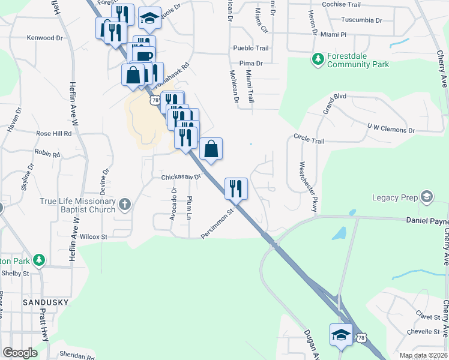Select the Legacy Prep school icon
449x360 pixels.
[x=426, y=196]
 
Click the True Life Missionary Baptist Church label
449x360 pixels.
[x=77, y=205]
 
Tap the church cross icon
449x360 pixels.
[x=124, y=205]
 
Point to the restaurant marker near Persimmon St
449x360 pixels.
[x=235, y=188]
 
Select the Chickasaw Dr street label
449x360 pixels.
[x=180, y=177]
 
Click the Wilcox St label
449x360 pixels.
[x=93, y=237]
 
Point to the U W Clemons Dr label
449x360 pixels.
[x=391, y=129]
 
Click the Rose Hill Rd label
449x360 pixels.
[x=53, y=133]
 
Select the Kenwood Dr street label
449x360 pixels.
[x=44, y=38]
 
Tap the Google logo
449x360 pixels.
[x=20, y=353]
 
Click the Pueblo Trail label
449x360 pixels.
[x=250, y=48]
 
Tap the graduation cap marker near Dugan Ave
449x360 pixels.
[x=341, y=335]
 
